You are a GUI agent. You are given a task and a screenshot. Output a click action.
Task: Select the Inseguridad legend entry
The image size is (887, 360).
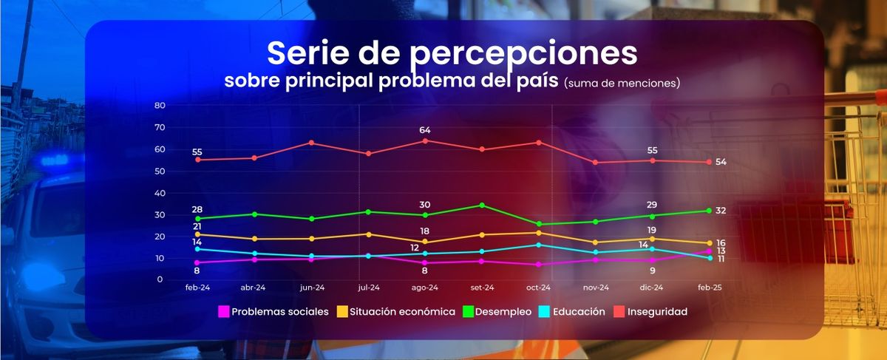(651, 312)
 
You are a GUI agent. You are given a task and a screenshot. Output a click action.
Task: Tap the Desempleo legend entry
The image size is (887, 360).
(497, 312)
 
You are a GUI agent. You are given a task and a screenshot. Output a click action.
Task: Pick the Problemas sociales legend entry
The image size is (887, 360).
(274, 312)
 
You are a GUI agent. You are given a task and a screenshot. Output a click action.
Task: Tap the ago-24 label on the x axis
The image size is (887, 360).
(425, 288)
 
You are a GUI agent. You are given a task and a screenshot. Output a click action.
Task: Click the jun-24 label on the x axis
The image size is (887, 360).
(311, 288)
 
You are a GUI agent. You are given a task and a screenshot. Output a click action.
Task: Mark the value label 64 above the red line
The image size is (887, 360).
(425, 130)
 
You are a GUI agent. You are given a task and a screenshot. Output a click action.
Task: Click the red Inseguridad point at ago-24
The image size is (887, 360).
(425, 140)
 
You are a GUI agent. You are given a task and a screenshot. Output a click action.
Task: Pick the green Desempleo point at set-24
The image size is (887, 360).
(482, 205)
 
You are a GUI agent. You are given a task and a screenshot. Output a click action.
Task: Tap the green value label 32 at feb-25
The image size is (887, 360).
(721, 211)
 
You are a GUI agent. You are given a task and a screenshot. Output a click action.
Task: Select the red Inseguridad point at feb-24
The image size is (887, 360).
(197, 160)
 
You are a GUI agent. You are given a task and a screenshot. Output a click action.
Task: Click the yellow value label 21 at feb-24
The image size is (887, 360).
(197, 226)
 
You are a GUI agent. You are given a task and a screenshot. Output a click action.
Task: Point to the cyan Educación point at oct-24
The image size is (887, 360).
(539, 245)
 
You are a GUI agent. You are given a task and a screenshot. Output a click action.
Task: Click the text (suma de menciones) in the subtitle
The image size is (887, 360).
(621, 84)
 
